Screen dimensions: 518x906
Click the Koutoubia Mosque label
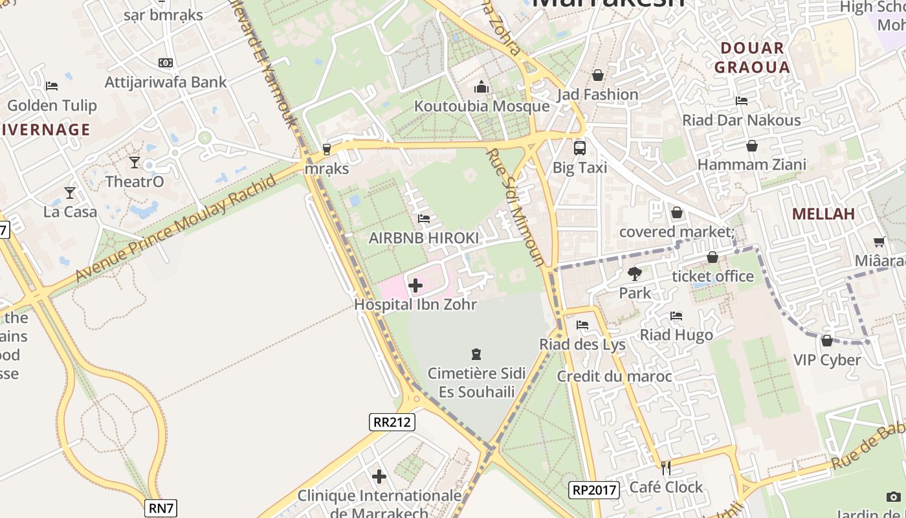[x=481, y=106]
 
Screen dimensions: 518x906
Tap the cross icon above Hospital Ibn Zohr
[x=415, y=285]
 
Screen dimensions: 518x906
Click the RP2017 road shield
[x=594, y=490]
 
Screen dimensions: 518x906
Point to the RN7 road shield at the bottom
[x=161, y=508]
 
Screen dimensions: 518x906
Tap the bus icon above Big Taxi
[x=579, y=148]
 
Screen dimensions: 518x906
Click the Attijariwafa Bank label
[x=166, y=82]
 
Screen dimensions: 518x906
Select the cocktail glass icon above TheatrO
[x=135, y=162]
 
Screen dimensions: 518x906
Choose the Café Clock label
[x=666, y=487]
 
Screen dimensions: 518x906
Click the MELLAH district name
[x=823, y=214]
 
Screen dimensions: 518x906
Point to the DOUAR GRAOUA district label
[x=752, y=58]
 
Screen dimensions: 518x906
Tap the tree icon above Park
[x=634, y=274]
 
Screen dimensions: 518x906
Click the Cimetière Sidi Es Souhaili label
[x=477, y=382]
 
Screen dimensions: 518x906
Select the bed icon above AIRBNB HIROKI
[x=424, y=219]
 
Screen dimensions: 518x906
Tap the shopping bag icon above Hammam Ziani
[x=752, y=146]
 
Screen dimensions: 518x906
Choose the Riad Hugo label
[x=676, y=335]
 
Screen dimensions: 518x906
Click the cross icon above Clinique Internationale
[x=379, y=477]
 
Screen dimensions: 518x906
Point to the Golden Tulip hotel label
[x=52, y=106]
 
